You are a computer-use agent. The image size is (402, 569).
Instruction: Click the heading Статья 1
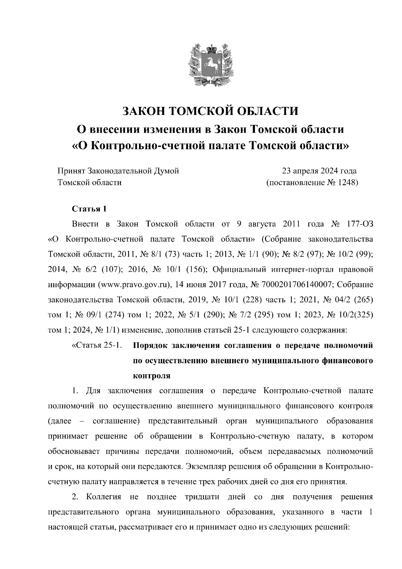pos(89,209)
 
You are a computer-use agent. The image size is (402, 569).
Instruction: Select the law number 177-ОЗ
pos(360,224)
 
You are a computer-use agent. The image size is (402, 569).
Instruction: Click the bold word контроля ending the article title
pos(152,376)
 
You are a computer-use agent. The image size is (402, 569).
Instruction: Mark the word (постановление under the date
pos(294,183)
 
